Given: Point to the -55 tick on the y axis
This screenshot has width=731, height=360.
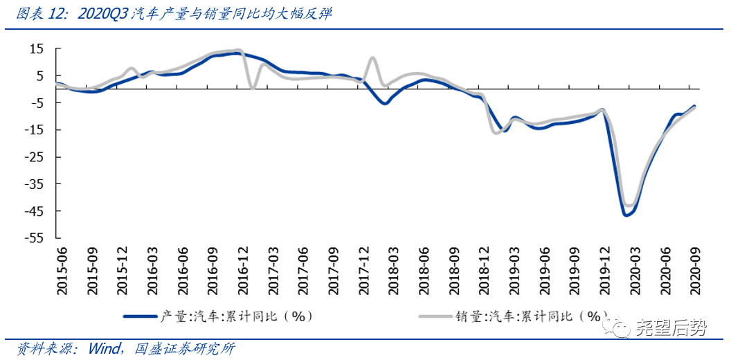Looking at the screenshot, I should pos(33,238).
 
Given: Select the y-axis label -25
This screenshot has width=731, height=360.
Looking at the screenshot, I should pos(33,157).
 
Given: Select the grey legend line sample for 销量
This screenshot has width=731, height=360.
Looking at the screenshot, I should pos(435,316).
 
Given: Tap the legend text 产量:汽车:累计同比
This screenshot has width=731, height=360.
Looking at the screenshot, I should pos(236,316).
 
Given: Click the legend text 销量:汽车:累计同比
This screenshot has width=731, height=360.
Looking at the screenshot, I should pos(530,316).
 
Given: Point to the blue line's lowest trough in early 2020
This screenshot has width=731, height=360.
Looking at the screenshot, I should pos(626,215).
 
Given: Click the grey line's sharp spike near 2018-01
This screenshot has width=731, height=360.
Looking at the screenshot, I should pos(372,58).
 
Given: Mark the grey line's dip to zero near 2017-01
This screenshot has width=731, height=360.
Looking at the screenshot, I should pos(252,87).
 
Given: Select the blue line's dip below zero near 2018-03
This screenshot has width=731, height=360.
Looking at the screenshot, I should pos(385,103).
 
